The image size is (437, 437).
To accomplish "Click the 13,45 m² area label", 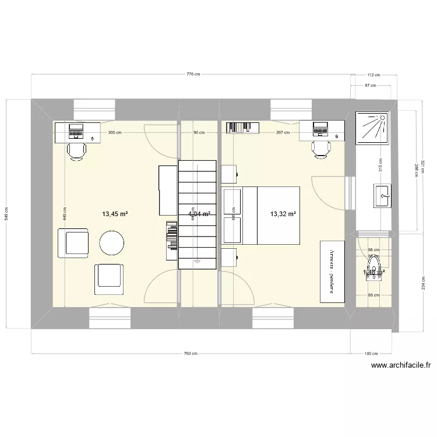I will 115,214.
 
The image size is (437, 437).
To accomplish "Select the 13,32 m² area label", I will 283,214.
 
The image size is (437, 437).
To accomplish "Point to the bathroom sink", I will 382,196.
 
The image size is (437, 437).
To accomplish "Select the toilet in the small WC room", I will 374,272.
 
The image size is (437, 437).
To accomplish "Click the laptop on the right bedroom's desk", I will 320,129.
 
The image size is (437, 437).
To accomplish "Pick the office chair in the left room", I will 77,150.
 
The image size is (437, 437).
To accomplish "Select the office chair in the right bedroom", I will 320,149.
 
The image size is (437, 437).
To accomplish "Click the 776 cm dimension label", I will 193,74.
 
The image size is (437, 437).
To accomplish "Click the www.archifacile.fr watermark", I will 400,366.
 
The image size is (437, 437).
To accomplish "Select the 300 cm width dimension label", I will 115,132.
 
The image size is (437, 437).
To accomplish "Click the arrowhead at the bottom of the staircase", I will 198,262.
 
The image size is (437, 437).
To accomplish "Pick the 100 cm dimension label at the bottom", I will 371,354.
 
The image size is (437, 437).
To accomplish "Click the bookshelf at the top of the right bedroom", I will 242,127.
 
